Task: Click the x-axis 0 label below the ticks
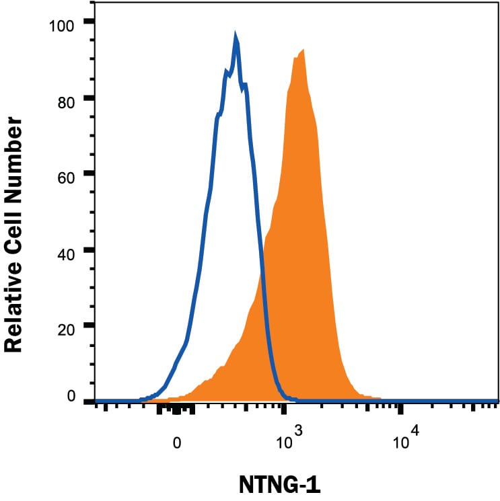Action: click(x=176, y=443)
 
